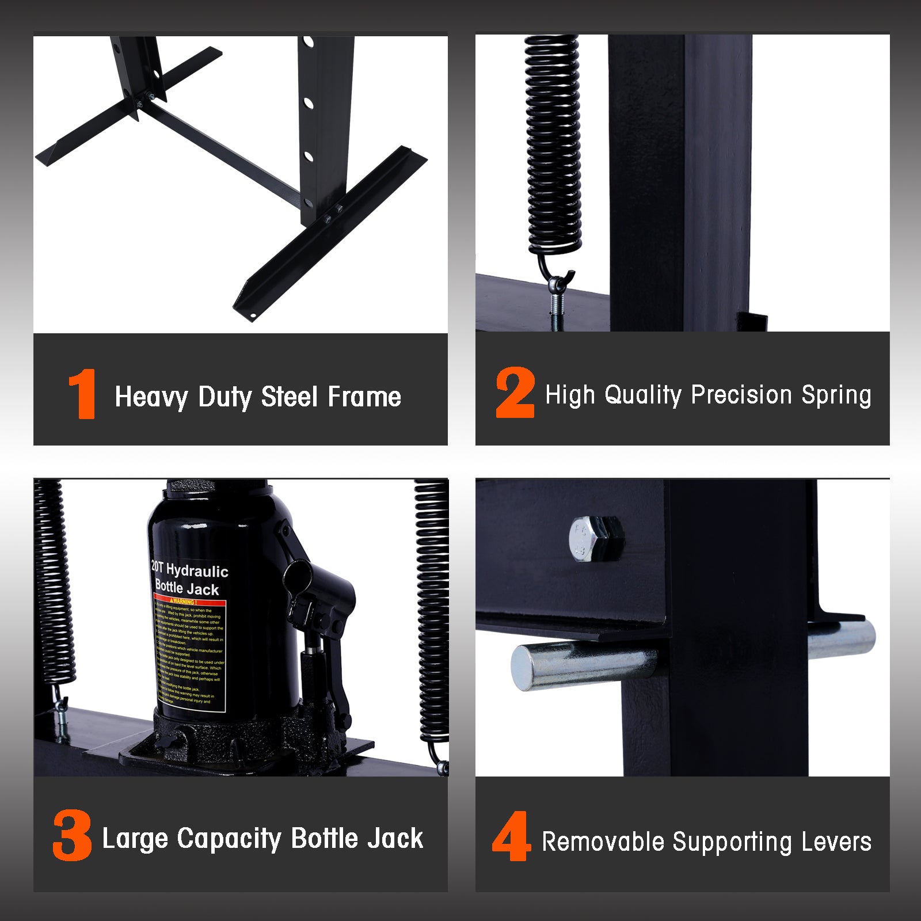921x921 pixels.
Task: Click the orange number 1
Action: [x=82, y=394]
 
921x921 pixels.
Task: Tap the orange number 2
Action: [x=515, y=393]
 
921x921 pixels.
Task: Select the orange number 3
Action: [x=72, y=835]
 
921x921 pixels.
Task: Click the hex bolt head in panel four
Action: [x=596, y=538]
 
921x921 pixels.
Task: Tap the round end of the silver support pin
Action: [x=524, y=668]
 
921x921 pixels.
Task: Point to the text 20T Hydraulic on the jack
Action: [x=189, y=569]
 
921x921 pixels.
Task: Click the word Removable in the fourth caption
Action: [x=603, y=842]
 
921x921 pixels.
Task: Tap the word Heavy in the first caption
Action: [x=151, y=397]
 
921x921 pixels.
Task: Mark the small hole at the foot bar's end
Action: [x=252, y=315]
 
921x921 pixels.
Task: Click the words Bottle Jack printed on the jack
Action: [x=187, y=588]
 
